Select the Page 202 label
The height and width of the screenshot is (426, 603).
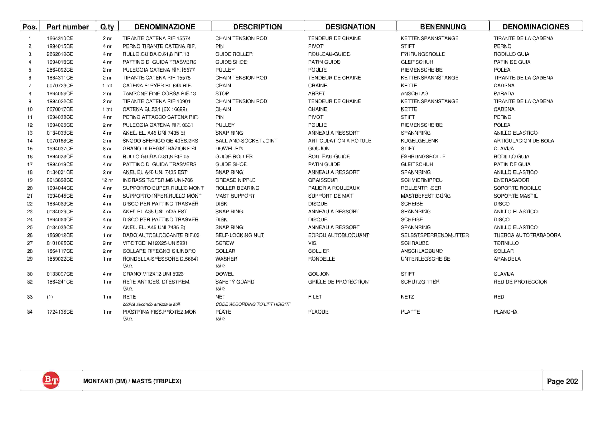[x=562, y=381]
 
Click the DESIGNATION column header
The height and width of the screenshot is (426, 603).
[x=350, y=27]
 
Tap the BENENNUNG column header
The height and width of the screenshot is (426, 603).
[x=443, y=27]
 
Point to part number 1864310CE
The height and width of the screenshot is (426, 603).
[x=60, y=38]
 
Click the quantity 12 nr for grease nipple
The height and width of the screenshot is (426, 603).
[x=107, y=180]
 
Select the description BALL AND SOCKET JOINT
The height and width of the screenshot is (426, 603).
[x=246, y=141]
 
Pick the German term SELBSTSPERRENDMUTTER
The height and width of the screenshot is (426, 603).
[x=435, y=235]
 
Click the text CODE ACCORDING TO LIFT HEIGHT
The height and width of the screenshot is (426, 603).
[x=253, y=304]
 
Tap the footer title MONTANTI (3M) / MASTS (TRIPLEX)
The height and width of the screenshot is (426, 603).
[x=132, y=381]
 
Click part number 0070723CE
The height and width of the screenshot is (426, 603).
[x=60, y=86]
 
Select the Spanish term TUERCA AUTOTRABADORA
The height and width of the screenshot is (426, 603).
[x=527, y=235]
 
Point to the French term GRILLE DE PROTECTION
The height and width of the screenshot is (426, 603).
[x=338, y=282]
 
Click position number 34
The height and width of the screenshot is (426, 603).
[x=30, y=312]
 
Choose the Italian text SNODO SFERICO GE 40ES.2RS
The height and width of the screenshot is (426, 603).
[x=160, y=141]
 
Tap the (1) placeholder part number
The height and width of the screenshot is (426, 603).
[x=50, y=297]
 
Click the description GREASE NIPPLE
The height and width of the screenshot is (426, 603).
[x=235, y=180]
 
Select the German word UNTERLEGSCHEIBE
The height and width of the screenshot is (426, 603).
[x=425, y=259]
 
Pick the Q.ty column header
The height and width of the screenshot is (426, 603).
[x=107, y=27]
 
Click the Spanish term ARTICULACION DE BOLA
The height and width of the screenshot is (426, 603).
[x=524, y=141]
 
